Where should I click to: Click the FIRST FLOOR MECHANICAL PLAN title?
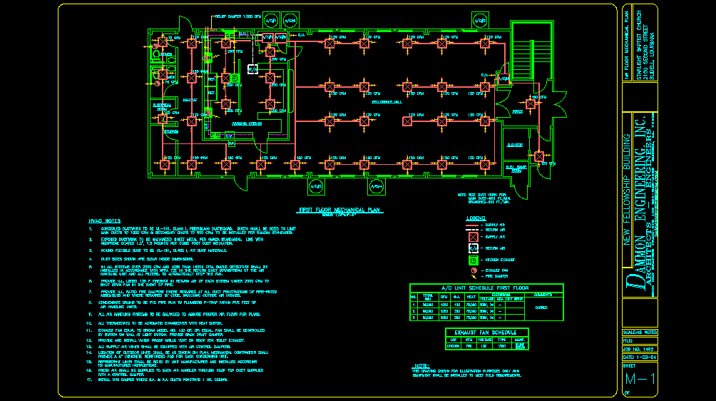click(340, 210)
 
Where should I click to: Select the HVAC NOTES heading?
click(104, 222)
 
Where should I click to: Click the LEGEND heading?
click(476, 218)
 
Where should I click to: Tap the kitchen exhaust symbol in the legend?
click(471, 260)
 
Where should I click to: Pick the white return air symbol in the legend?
click(471, 248)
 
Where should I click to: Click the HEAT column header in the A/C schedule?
click(471, 297)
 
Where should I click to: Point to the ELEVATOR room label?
click(515, 145)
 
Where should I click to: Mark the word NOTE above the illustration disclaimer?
click(421, 365)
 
